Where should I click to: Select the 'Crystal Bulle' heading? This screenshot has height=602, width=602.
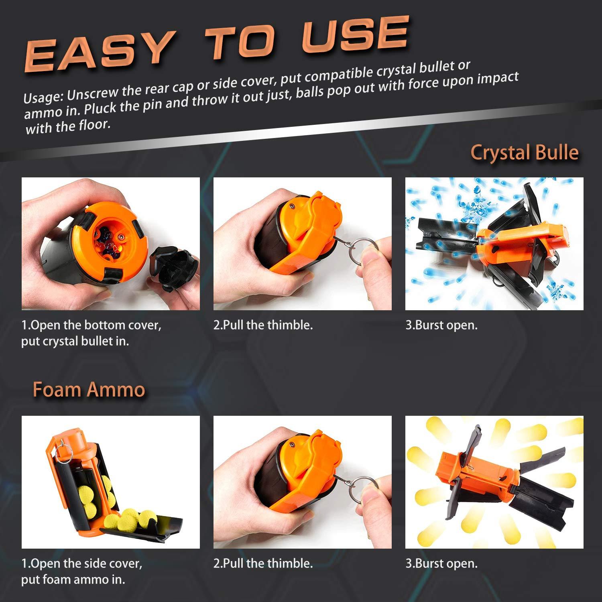[x=524, y=153]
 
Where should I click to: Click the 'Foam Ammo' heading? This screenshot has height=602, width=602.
[x=89, y=390]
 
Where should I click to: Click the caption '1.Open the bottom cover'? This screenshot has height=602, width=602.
[x=91, y=325]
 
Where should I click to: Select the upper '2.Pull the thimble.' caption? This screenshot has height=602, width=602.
[x=263, y=325]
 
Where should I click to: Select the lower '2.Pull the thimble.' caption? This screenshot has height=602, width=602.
[x=263, y=563]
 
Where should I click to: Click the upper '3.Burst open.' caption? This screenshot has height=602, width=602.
[x=441, y=325]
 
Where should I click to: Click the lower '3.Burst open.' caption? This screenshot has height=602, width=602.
[x=441, y=563]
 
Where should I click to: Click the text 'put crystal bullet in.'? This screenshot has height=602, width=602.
[x=75, y=342]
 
